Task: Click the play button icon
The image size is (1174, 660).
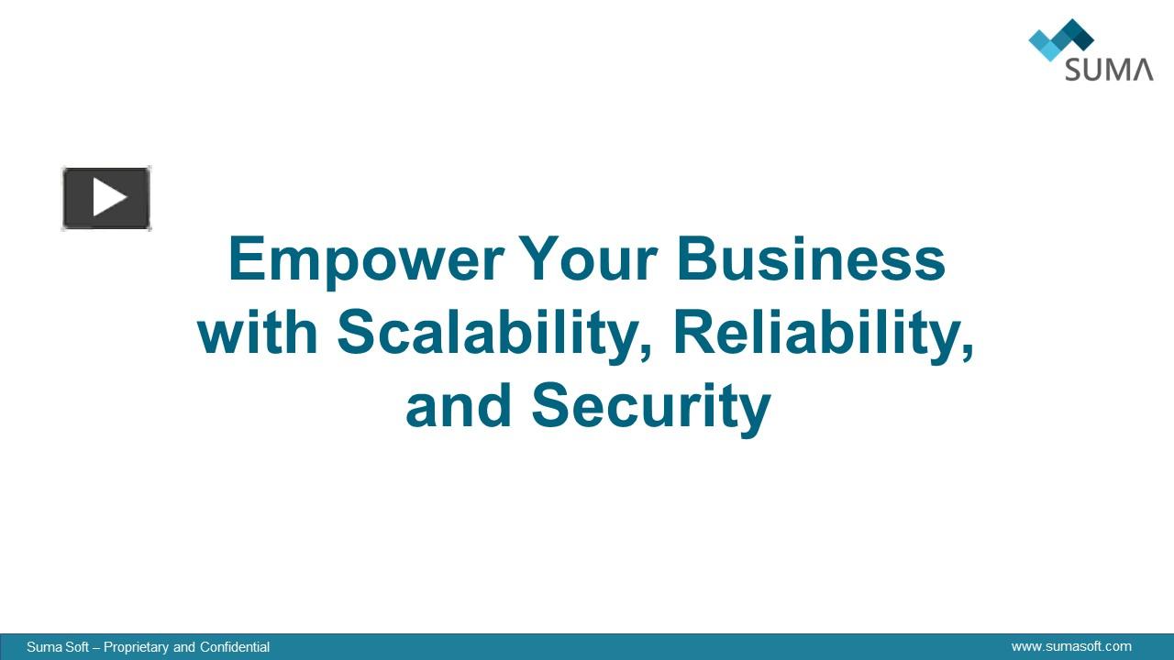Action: [106, 198]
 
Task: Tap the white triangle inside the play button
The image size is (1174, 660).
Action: [109, 198]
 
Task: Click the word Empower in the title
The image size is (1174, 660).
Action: [365, 260]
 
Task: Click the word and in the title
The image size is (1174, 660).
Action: [458, 406]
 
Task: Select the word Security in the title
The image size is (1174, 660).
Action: [651, 408]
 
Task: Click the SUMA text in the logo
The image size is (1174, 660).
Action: [1108, 69]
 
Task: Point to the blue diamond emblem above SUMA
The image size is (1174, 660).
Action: [1061, 38]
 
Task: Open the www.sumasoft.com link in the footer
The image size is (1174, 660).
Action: [1071, 646]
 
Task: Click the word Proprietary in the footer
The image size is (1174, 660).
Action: [137, 647]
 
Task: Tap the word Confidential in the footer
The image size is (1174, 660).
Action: [235, 647]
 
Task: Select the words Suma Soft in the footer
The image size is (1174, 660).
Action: [58, 647]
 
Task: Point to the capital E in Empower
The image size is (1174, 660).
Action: [247, 259]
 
